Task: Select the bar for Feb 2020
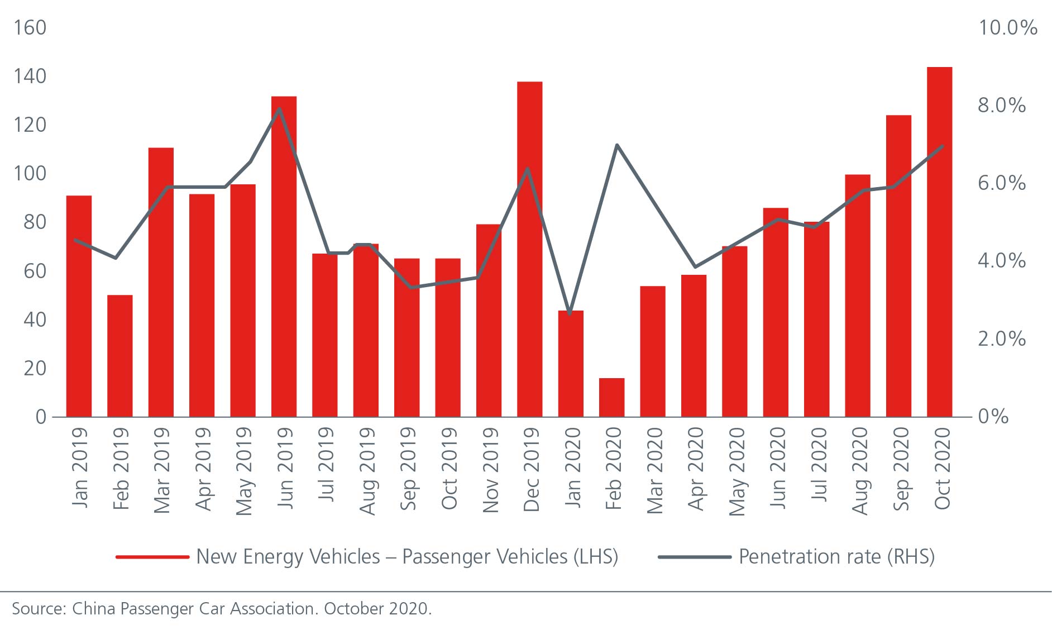point(611,397)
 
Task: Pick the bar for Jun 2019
point(284,256)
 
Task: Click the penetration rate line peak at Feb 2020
point(616,145)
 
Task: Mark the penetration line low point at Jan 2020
point(570,314)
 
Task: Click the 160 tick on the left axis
point(30,27)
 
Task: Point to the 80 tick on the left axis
point(35,222)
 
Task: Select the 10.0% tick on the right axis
point(1007,27)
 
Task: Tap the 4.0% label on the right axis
point(1001,260)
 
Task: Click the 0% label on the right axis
point(993,416)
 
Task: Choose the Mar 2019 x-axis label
point(161,470)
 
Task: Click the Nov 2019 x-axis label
point(490,470)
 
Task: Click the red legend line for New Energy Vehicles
point(152,557)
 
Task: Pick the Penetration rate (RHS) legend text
point(836,557)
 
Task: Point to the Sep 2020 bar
point(898,266)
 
